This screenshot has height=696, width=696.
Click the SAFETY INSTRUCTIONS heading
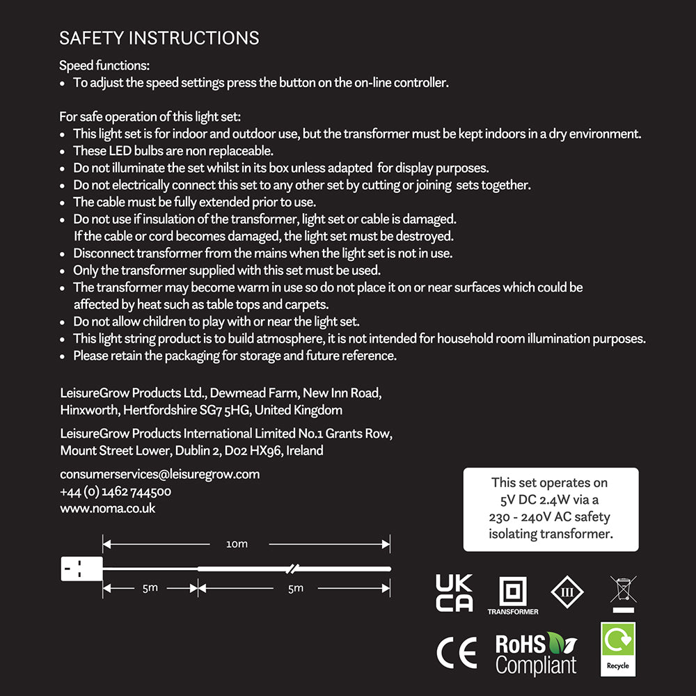pyautogui.click(x=159, y=38)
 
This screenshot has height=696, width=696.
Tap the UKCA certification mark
pyautogui.click(x=454, y=593)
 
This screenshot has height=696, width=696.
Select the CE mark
pyautogui.click(x=457, y=652)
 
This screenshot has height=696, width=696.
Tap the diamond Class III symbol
pyautogui.click(x=567, y=592)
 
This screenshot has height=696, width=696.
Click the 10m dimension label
pyautogui.click(x=237, y=544)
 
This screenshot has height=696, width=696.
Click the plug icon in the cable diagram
pyautogui.click(x=81, y=569)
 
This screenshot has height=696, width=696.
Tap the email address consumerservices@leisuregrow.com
pyautogui.click(x=160, y=474)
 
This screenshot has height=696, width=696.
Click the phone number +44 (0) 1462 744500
pyautogui.click(x=116, y=491)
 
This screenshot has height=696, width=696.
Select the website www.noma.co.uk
pyautogui.click(x=108, y=508)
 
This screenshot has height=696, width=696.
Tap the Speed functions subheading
pyautogui.click(x=104, y=66)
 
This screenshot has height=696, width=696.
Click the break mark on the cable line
pyautogui.click(x=293, y=569)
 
